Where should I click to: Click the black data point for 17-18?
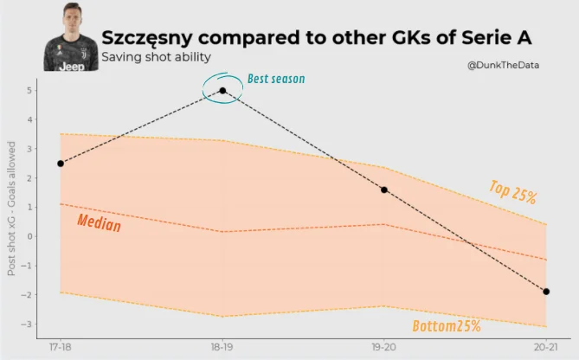61,164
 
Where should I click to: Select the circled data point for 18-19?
222,90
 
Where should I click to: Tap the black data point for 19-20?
384,190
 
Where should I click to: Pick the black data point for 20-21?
546,292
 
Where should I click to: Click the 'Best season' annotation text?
276,79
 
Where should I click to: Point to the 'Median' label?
99,222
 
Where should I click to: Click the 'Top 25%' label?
512,192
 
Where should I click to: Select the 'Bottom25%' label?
446,326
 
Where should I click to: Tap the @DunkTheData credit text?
504,66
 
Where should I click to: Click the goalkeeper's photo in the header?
68,37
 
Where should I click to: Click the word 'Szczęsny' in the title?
154,38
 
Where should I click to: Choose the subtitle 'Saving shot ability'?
156,58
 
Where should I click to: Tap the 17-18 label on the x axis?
61,347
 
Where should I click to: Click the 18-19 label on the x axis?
222,347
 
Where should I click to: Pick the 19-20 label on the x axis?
384,347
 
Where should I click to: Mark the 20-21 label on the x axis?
546,347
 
